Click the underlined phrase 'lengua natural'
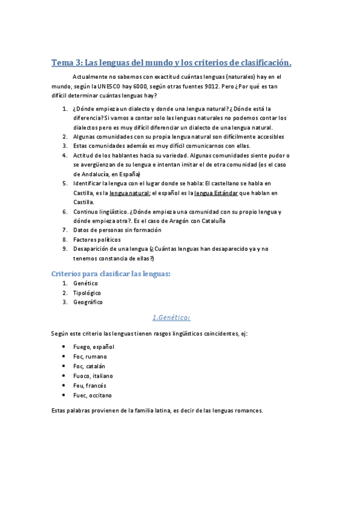pyautogui.click(x=129, y=193)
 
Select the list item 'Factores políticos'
pyautogui.click(x=97, y=239)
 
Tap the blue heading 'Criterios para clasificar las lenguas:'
pyautogui.click(x=111, y=274)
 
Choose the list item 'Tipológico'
pyautogui.click(x=87, y=292)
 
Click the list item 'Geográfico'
pyautogui.click(x=88, y=302)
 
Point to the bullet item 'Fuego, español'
pyautogui.click(x=93, y=347)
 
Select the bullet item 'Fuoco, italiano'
pyautogui.click(x=93, y=376)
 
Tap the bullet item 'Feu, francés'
pyautogui.click(x=90, y=386)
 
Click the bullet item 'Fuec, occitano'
pyautogui.click(x=92, y=395)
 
